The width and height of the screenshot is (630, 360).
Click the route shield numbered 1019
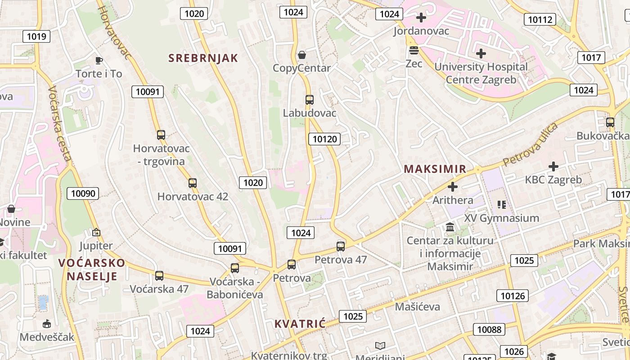click(36, 36)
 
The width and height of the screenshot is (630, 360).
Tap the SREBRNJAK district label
click(203, 58)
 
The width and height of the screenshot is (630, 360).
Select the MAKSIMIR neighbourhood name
click(435, 169)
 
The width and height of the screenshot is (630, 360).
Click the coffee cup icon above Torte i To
click(99, 60)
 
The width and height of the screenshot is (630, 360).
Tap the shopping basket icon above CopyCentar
click(302, 55)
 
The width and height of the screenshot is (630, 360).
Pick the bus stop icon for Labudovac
click(310, 100)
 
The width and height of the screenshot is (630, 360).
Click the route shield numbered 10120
click(324, 139)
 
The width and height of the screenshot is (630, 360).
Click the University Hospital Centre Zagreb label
click(481, 73)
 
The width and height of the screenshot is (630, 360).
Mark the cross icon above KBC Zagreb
click(553, 166)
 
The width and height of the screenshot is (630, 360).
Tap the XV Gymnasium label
click(502, 218)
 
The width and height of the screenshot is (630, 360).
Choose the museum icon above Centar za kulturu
click(450, 227)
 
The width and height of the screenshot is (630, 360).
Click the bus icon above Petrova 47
click(341, 246)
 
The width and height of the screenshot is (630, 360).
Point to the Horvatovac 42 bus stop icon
click(193, 183)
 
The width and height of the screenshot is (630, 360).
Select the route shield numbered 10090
click(83, 194)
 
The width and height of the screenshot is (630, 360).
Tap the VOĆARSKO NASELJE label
click(92, 269)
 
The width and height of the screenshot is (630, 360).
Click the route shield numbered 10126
click(513, 296)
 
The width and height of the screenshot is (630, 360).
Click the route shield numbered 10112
click(540, 19)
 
